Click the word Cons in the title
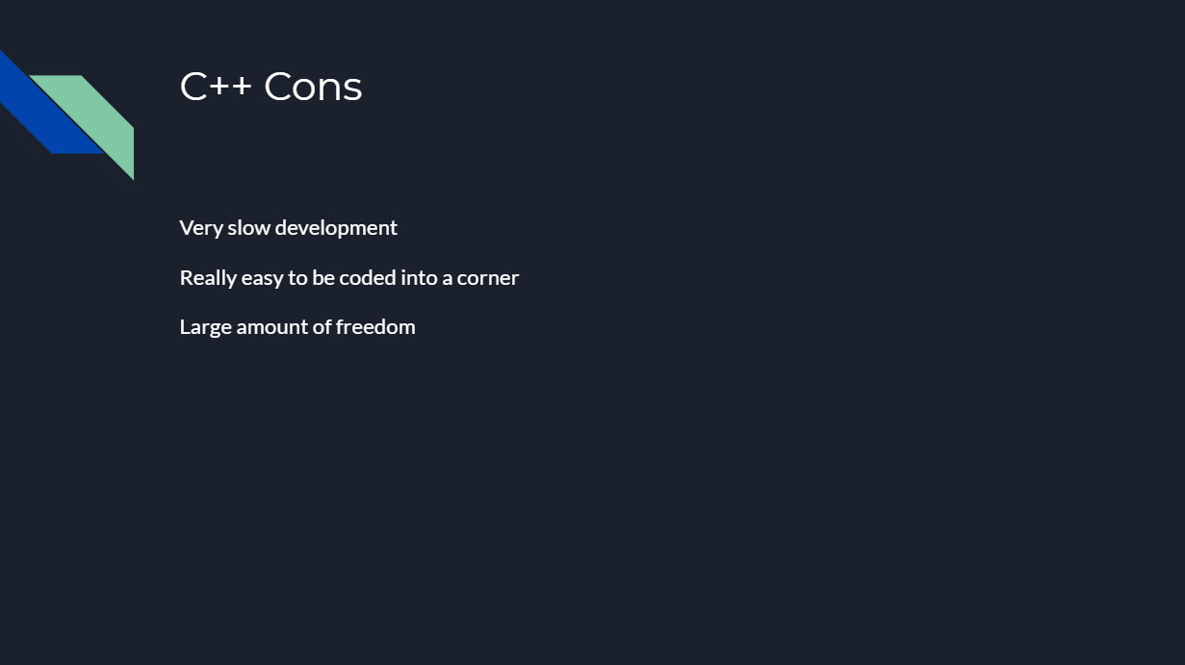[313, 87]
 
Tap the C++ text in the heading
[216, 87]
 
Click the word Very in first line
[200, 228]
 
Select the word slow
[247, 228]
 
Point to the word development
[336, 228]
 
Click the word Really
[208, 278]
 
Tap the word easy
[262, 278]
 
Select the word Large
[205, 327]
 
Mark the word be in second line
[323, 278]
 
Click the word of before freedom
[322, 327]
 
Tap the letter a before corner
[448, 278]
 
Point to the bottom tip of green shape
[132, 177]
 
